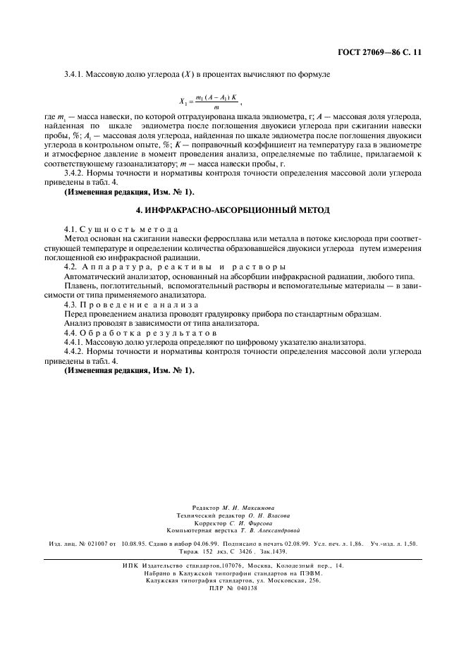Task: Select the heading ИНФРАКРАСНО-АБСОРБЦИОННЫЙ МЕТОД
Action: tap(233, 211)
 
